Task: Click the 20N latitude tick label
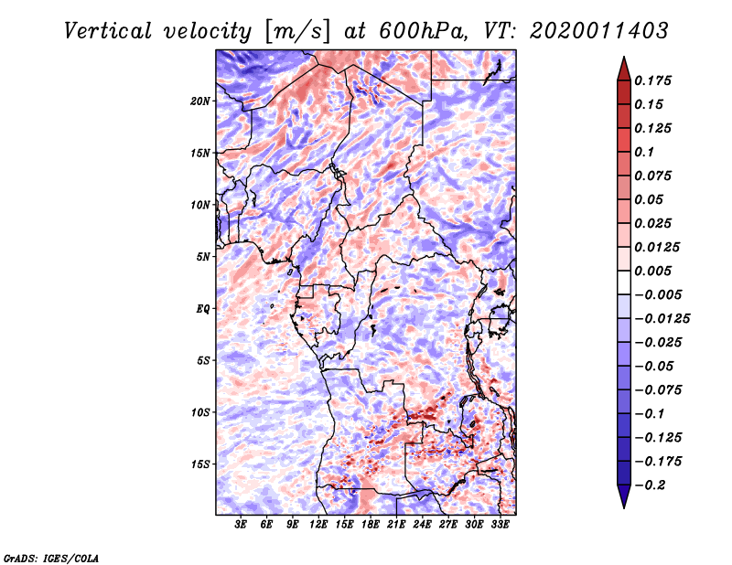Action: click(200, 101)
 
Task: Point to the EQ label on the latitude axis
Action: click(203, 309)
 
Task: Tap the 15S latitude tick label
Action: click(200, 464)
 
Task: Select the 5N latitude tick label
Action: click(203, 257)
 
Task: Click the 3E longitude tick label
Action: click(241, 525)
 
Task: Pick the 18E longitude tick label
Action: click(371, 525)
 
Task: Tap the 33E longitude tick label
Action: click(500, 525)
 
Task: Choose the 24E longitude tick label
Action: click(422, 525)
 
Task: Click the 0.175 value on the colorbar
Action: click(652, 80)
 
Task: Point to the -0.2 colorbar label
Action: click(650, 485)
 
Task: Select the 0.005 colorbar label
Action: click(652, 271)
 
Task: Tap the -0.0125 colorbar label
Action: click(662, 319)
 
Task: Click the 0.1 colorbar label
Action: click(644, 152)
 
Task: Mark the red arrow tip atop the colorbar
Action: click(624, 57)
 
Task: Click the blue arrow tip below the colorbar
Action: click(624, 507)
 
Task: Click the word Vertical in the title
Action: click(108, 31)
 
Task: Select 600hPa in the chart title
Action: click(423, 31)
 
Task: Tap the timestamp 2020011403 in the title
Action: click(599, 31)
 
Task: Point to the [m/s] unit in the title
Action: click(297, 32)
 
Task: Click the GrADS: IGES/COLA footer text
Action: click(51, 558)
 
